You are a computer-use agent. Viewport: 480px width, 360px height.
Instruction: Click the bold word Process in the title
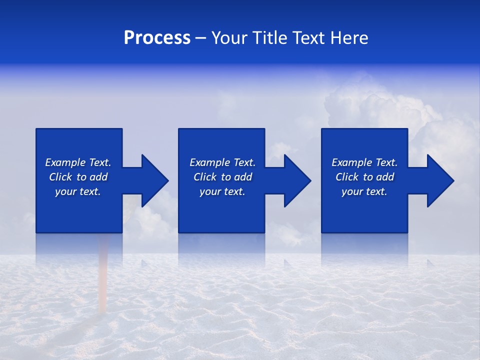click(157, 38)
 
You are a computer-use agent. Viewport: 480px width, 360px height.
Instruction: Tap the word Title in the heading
click(271, 38)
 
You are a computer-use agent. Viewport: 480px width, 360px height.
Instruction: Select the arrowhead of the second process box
click(296, 180)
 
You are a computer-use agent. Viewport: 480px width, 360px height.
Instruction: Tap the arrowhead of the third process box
click(439, 180)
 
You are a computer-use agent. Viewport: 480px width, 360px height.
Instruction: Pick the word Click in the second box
click(205, 177)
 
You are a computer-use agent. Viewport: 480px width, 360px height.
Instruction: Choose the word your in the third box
click(352, 191)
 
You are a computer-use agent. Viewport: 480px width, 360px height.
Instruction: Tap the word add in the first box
click(99, 177)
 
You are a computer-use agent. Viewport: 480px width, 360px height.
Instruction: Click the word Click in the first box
click(60, 177)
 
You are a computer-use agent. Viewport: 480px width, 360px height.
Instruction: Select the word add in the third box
click(385, 177)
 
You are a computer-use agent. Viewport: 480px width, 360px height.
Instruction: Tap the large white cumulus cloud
click(370, 107)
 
